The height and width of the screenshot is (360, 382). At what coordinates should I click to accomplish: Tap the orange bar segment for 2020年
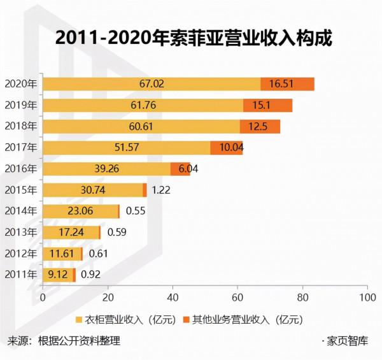point(287,83)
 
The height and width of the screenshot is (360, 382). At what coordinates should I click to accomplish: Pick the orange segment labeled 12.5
point(260,127)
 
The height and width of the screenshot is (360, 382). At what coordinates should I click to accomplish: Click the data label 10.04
point(226,148)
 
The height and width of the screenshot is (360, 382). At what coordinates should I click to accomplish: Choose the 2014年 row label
point(21,211)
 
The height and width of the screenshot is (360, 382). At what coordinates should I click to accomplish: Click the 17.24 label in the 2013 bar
point(71,233)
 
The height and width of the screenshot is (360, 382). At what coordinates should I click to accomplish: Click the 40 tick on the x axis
point(173,298)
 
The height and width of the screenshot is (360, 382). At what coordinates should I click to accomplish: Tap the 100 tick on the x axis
point(365,298)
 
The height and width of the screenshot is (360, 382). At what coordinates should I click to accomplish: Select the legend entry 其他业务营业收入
point(242,318)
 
